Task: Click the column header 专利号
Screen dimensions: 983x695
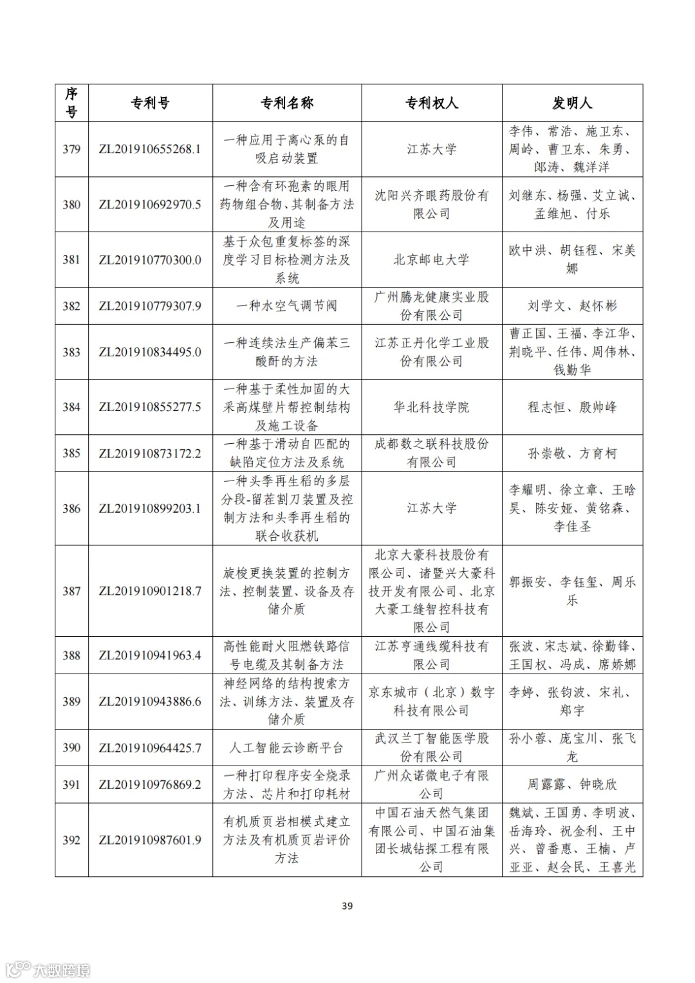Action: tap(150, 103)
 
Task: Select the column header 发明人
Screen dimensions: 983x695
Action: tap(571, 103)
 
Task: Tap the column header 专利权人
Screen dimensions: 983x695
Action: tap(431, 103)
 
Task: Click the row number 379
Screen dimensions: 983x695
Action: tap(71, 149)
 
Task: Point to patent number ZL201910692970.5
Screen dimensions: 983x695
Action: tap(150, 205)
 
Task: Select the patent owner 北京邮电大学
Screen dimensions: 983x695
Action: tap(431, 260)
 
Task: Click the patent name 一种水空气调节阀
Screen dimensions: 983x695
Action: tap(286, 306)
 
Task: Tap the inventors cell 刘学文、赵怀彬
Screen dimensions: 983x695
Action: tap(571, 306)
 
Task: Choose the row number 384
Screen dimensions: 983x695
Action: tap(71, 407)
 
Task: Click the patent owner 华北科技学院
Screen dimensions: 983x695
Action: tap(431, 407)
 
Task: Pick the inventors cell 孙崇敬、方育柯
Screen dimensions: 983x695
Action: tap(571, 454)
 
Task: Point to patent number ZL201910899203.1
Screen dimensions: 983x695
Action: tap(150, 508)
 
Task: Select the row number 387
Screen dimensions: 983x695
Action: tap(71, 591)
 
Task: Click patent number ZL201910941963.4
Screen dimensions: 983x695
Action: tap(150, 656)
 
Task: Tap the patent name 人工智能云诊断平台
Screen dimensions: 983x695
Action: tap(286, 748)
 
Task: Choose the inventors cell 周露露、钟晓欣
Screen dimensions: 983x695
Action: tap(571, 784)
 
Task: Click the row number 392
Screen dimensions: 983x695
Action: tap(71, 840)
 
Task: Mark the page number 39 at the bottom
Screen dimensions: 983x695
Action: tap(347, 906)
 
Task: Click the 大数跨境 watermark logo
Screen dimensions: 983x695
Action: tap(48, 969)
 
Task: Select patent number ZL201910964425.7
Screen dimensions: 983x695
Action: tap(150, 748)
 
